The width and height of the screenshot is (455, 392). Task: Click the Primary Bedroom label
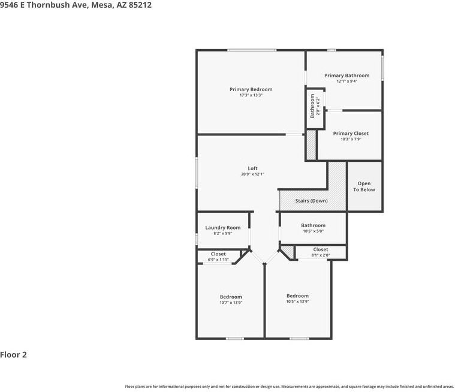click(251, 89)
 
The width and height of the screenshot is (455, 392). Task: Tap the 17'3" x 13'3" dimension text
click(251, 95)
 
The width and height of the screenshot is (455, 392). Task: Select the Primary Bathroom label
click(346, 76)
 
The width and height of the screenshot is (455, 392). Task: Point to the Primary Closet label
click(351, 134)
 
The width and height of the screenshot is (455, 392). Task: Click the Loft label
click(252, 168)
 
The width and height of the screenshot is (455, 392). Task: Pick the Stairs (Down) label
click(311, 201)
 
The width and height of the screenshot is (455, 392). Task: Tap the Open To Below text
click(364, 186)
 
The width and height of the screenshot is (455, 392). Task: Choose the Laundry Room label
click(222, 228)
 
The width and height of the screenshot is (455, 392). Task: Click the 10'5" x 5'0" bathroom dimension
click(313, 231)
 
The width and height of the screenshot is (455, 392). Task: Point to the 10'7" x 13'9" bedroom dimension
click(231, 303)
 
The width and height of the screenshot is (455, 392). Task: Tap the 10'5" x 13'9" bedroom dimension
click(297, 301)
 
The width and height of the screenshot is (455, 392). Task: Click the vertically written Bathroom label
click(312, 105)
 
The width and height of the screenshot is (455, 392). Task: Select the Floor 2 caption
click(14, 354)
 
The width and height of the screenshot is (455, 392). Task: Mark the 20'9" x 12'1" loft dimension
click(252, 174)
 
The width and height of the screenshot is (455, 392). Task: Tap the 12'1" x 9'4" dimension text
click(346, 82)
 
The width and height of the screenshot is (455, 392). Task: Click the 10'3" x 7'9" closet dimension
click(351, 139)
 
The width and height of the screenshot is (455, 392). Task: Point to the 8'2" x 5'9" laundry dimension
click(222, 233)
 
